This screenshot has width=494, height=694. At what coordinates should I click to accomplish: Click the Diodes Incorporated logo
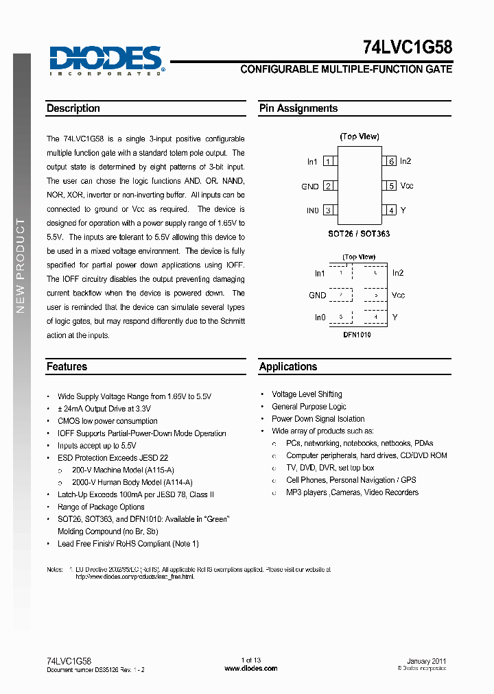click(x=106, y=60)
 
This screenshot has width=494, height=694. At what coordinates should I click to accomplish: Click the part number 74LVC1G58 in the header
click(x=407, y=48)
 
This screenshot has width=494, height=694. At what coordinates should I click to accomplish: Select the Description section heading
click(x=73, y=108)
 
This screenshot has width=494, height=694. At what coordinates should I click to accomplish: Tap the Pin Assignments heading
click(x=298, y=108)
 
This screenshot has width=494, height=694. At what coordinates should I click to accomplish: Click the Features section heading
click(x=67, y=367)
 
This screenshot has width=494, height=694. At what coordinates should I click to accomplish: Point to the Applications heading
click(x=288, y=367)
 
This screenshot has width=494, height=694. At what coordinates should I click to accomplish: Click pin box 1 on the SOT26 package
click(x=329, y=162)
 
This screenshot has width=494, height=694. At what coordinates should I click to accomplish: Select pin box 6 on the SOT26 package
click(x=391, y=162)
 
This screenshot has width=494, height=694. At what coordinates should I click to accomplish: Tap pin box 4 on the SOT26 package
click(x=391, y=211)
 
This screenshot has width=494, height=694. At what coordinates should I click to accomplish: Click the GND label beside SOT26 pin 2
click(x=310, y=187)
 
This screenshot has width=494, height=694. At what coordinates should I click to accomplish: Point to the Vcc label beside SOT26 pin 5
click(x=407, y=186)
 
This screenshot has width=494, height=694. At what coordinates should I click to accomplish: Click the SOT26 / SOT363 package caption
click(x=360, y=234)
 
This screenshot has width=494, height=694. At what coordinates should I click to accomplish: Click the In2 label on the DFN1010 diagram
click(x=398, y=274)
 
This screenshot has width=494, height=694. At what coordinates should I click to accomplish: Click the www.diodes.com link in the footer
click(x=251, y=668)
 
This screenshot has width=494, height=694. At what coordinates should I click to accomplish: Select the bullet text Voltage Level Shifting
click(x=307, y=394)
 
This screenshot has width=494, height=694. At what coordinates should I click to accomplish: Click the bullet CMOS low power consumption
click(x=107, y=421)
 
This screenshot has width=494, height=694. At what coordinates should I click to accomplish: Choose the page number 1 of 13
click(x=251, y=660)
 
